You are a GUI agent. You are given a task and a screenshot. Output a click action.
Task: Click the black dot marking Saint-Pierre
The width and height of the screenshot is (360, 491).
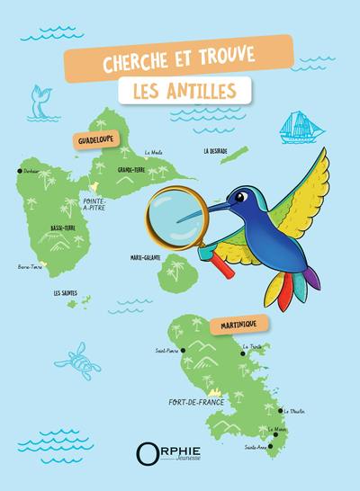tap(183, 350)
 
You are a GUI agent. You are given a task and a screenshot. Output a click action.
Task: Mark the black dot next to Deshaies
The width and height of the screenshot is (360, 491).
tap(20, 171)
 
